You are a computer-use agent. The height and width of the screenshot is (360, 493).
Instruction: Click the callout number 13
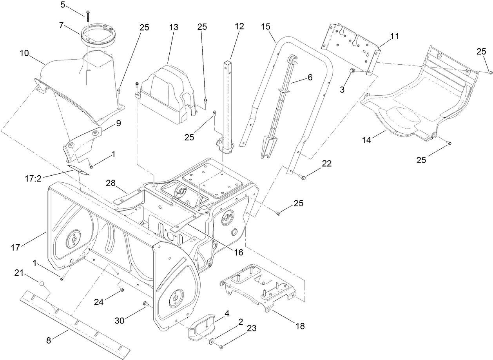click(174, 27)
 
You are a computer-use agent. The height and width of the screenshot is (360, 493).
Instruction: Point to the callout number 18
click(300, 326)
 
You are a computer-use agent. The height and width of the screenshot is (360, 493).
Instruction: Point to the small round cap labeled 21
click(40, 282)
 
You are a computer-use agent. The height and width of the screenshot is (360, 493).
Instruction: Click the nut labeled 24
click(122, 290)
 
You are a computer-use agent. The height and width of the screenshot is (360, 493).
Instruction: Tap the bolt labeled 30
click(145, 304)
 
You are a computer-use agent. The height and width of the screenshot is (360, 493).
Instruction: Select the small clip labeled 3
click(352, 70)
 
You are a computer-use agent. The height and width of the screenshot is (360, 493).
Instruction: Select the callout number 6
click(310, 78)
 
